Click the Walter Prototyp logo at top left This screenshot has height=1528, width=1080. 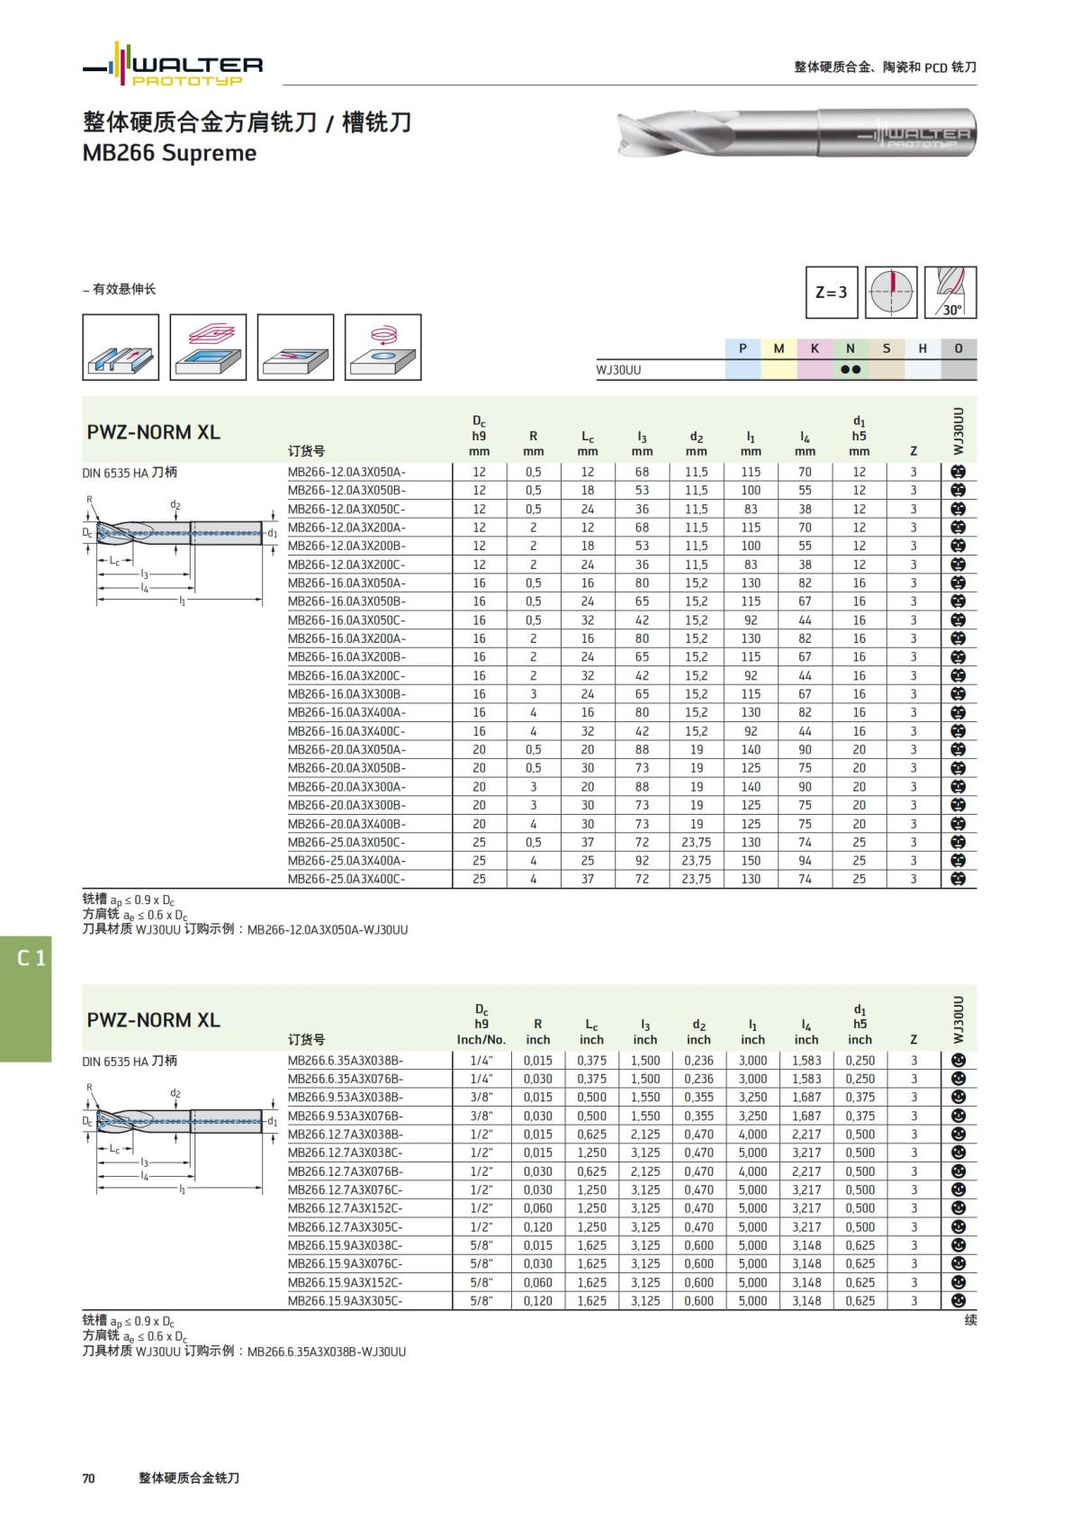[173, 66]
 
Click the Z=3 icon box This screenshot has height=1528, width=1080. [832, 292]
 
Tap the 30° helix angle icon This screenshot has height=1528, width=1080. [950, 292]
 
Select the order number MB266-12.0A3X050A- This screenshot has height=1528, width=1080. [346, 472]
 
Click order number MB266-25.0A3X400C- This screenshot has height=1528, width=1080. [346, 879]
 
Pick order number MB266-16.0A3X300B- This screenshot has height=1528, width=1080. [346, 694]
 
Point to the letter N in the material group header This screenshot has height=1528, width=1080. [850, 348]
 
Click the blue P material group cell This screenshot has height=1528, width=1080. [742, 348]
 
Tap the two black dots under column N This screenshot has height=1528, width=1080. [850, 369]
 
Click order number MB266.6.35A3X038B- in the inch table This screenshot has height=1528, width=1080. [346, 1061]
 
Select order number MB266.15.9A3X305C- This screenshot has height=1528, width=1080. [346, 1301]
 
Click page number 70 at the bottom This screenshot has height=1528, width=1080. [88, 1478]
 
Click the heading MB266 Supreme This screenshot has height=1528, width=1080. [169, 153]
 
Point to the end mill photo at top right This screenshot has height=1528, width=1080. [796, 133]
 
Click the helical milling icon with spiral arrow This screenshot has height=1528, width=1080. [382, 347]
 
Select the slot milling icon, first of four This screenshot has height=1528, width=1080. [121, 347]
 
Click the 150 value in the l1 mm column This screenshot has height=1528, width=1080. [751, 861]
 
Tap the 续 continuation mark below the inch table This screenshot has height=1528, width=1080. [970, 1320]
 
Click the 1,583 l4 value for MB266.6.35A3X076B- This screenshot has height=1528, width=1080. [806, 1079]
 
